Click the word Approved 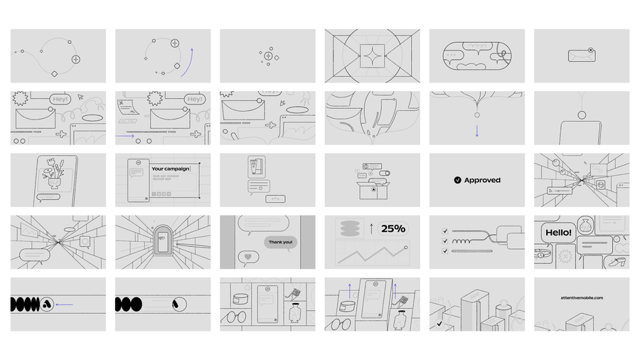coord(482,181)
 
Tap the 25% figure coord(393,228)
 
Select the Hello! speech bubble coord(558,232)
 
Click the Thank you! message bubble coord(279,242)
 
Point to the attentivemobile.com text coord(582,297)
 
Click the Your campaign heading coord(171,169)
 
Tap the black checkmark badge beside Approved coord(457,181)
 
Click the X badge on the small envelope coord(591,51)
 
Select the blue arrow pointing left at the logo coord(64,305)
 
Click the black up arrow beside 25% coord(371,229)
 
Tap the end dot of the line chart coord(406,248)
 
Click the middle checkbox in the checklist coord(445,240)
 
